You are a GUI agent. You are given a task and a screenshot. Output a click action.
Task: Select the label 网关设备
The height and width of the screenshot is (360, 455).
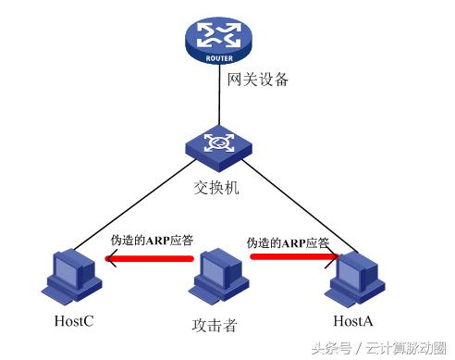point(257,80)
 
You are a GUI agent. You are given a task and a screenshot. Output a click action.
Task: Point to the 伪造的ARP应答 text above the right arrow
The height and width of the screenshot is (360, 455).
point(288,242)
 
